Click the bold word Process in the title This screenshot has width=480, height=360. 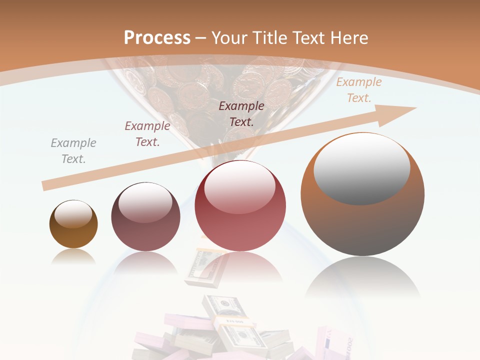(157, 38)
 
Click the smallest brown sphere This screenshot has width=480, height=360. (73, 224)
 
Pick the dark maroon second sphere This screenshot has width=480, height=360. (145, 216)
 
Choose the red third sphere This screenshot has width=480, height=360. (240, 206)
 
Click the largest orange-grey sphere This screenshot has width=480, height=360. (362, 194)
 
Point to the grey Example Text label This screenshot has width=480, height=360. (73, 151)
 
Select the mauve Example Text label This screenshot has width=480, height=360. (147, 134)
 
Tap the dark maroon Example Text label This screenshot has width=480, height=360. (241, 113)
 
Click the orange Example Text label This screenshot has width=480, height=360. (358, 90)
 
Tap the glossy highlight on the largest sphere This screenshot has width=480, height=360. (362, 167)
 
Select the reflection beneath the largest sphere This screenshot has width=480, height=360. (362, 277)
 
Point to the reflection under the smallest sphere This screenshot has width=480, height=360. (73, 256)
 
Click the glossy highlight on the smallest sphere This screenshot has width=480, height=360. (73, 214)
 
